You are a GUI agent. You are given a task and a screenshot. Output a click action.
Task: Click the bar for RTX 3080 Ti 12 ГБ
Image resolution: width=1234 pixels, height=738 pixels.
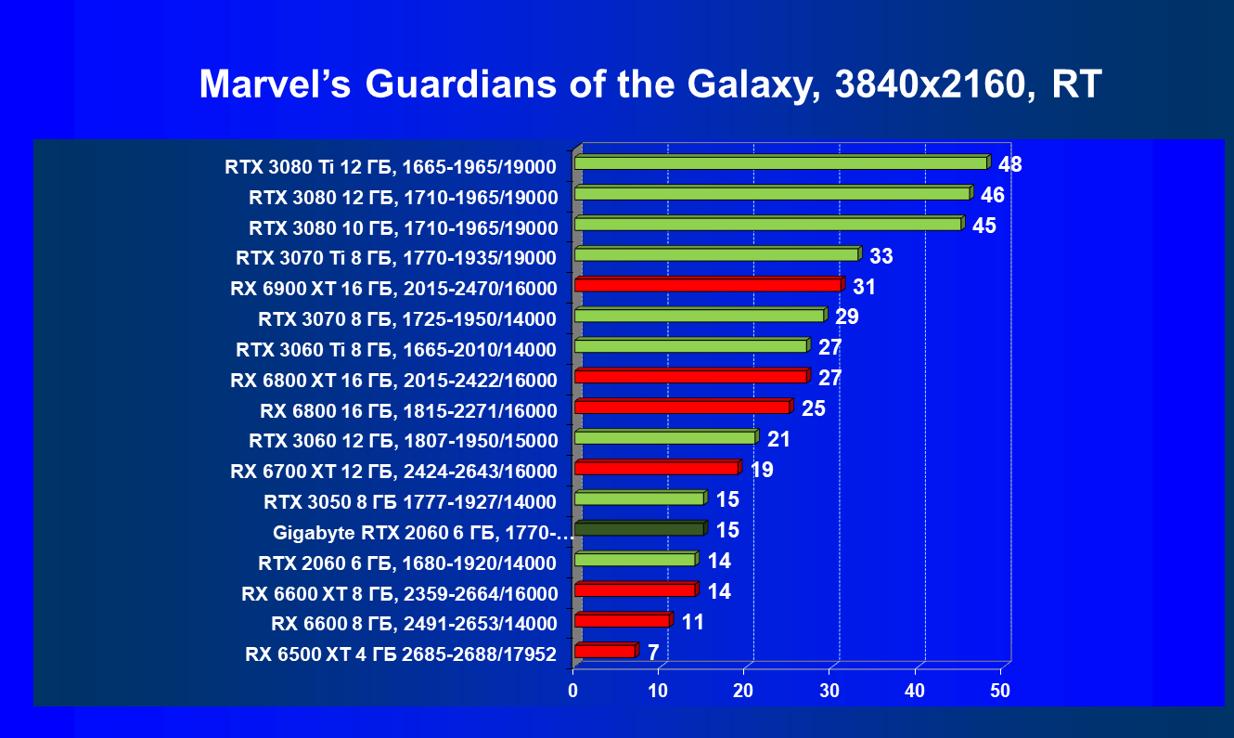click(x=780, y=163)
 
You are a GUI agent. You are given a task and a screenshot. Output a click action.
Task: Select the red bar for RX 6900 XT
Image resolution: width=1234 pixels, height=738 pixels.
click(x=708, y=285)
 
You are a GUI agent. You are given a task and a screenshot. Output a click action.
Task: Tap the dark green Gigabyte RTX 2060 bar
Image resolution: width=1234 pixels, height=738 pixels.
click(x=639, y=529)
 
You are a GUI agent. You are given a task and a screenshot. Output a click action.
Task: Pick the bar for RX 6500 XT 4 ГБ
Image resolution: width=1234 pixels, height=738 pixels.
click(x=605, y=651)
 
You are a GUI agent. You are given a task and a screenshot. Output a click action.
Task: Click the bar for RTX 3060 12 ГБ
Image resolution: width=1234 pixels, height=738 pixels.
click(x=665, y=437)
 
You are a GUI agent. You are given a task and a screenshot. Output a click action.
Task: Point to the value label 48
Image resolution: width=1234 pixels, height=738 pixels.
click(x=1010, y=165)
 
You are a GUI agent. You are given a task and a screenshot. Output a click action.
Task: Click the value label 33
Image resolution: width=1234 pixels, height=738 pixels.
click(x=881, y=256)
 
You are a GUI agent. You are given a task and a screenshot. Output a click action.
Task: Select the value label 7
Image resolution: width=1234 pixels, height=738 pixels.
click(x=653, y=653)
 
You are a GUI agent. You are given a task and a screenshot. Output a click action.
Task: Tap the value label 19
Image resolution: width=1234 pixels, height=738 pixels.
click(x=762, y=470)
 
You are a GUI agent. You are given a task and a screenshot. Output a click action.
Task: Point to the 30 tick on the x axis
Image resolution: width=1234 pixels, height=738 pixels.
click(x=829, y=691)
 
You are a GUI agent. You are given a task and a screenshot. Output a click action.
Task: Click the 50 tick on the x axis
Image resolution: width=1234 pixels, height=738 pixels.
click(x=1000, y=691)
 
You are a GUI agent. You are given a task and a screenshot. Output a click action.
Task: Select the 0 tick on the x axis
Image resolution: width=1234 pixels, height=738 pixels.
click(x=573, y=691)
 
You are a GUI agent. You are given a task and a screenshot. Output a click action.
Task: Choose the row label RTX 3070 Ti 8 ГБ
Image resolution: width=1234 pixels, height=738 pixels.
click(x=396, y=258)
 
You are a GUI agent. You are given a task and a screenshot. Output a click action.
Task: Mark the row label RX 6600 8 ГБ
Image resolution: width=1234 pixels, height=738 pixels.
click(x=413, y=623)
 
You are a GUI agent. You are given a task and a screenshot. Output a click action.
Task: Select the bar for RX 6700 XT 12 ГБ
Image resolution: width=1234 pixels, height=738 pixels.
click(x=656, y=468)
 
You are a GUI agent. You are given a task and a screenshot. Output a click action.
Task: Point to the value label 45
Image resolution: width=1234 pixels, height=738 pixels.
click(x=984, y=227)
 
